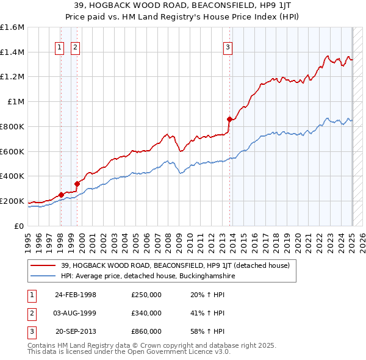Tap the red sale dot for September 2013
pos(229,119)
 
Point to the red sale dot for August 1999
pos(77,184)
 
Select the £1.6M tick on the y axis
pos(12,27)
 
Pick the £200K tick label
pos(12,201)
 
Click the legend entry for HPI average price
pos(143,276)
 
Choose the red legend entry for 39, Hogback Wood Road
pos(162,265)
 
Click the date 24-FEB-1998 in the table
pos(76,295)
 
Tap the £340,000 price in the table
pos(146,313)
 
